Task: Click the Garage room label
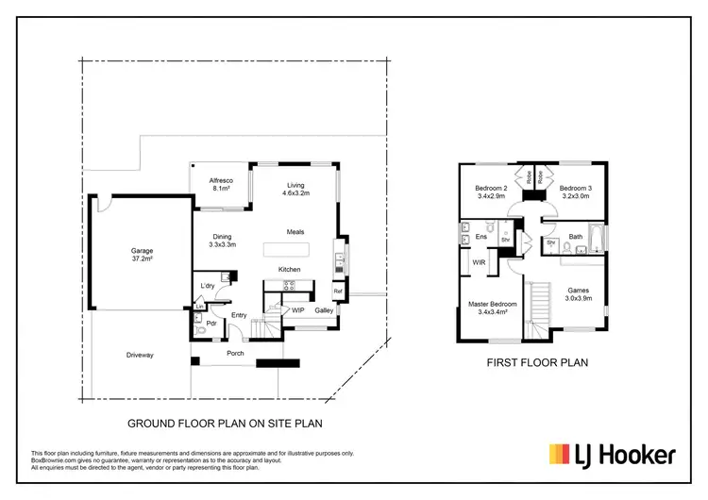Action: [x=142, y=255]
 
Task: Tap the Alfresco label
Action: [x=222, y=185]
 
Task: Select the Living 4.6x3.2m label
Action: [x=295, y=189]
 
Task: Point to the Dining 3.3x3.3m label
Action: [x=221, y=241]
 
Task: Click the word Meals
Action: [x=296, y=232]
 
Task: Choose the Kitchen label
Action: [x=289, y=270]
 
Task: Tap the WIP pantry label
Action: [x=297, y=309]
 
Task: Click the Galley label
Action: [x=324, y=309]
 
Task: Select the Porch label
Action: [x=235, y=354]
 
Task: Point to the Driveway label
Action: [x=140, y=355]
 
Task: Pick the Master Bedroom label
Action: [x=493, y=308]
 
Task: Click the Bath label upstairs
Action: [x=576, y=236]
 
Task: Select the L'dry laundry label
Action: [x=209, y=286]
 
